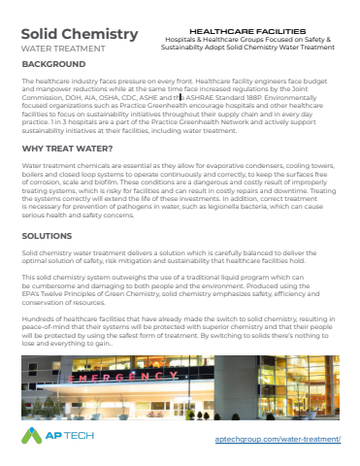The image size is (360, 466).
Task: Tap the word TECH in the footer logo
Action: pos(82,436)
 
